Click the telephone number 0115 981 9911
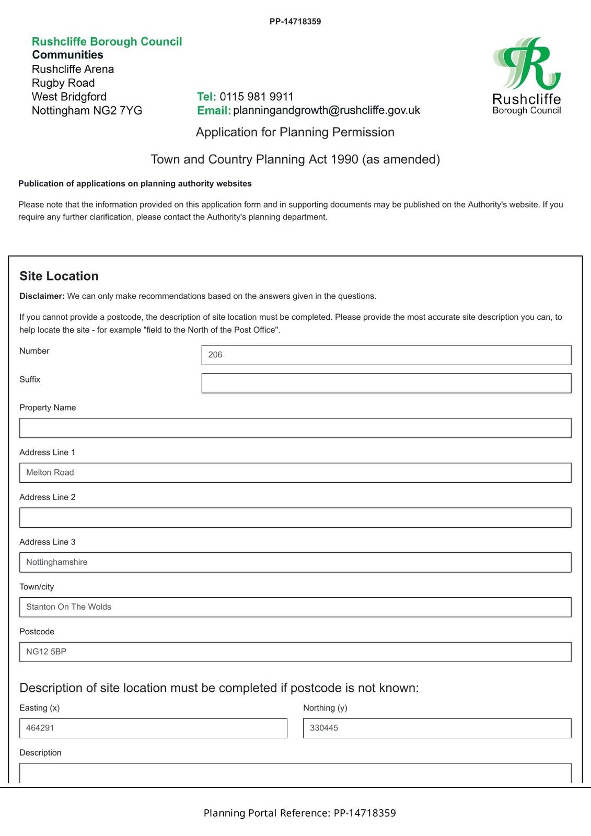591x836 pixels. coord(257,97)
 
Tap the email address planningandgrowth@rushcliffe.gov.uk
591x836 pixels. coord(327,110)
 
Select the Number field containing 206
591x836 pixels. coord(386,355)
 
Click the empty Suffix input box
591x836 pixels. coord(386,383)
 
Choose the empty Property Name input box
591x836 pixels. coord(295,428)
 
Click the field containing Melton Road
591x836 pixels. coord(295,473)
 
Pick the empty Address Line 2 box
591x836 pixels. coord(295,517)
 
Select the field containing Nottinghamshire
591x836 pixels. coord(295,562)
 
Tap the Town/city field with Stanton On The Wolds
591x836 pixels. coord(295,607)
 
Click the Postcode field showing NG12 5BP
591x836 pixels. coord(295,652)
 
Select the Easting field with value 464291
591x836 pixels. coord(153,728)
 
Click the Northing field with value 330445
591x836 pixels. coord(437,728)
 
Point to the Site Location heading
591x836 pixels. coord(59,276)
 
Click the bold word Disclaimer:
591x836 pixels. coord(42,296)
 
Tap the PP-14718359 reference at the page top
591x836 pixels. coord(295,21)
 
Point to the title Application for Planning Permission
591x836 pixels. coord(295,132)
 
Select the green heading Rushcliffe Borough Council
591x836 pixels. coord(107,41)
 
